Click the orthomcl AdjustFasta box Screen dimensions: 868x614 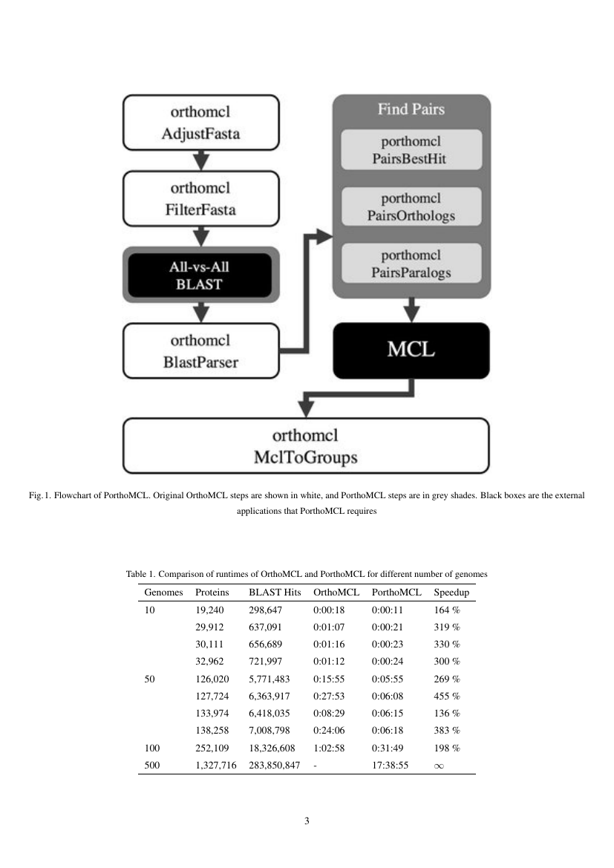[200, 123]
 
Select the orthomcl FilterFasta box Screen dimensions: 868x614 [200, 198]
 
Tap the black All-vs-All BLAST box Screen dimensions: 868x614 [200, 274]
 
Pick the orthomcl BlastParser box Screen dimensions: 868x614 [200, 350]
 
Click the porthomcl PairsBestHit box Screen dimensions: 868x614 [411, 149]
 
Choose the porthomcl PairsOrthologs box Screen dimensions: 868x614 [411, 207]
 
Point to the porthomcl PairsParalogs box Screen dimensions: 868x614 [411, 264]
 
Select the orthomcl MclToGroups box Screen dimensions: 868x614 [305, 446]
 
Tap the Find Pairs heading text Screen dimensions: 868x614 [411, 109]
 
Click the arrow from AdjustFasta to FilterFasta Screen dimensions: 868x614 [200, 160]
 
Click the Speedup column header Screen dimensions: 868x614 [451, 593]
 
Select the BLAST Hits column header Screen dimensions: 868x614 [275, 593]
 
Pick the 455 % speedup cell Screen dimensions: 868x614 [447, 696]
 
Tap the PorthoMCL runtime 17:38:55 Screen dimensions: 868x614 [390, 766]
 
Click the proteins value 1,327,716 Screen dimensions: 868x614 [215, 766]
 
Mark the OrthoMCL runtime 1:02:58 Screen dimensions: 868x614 [329, 748]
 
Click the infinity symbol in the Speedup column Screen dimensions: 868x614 [439, 766]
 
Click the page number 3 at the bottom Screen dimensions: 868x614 [307, 821]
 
